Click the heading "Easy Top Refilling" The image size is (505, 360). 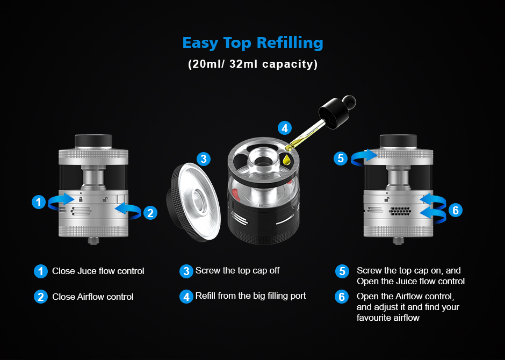tap(253, 43)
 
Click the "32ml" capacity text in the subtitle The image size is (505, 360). tap(243, 64)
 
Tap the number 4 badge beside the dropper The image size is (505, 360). tap(285, 128)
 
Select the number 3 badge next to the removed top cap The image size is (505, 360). tap(204, 159)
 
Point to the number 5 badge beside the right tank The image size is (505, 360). tap(341, 159)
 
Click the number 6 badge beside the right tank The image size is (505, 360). tap(456, 210)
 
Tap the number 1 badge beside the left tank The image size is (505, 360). tap(39, 202)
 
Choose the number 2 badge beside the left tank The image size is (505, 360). tap(150, 213)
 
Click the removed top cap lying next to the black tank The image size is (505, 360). tap(194, 202)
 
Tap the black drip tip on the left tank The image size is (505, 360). tap(93, 141)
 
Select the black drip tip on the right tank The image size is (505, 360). tap(399, 141)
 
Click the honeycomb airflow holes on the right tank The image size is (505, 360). tap(400, 211)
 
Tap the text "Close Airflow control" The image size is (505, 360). tap(93, 297)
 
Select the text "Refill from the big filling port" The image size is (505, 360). tap(250, 296)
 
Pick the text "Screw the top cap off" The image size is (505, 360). tap(237, 270)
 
